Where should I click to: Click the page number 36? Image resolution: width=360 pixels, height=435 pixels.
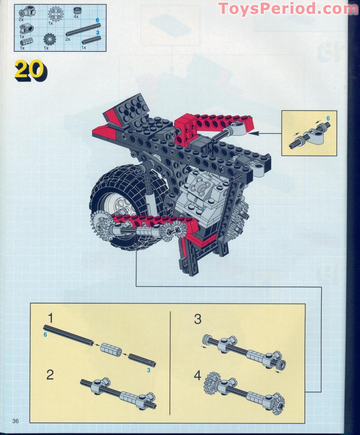click(x=16, y=421)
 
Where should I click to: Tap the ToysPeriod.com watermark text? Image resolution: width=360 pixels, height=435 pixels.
click(x=288, y=9)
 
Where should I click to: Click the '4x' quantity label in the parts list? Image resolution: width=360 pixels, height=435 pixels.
click(x=76, y=16)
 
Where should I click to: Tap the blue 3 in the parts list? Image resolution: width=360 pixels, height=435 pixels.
click(x=98, y=32)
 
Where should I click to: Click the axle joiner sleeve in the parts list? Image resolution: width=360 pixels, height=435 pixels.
click(x=25, y=42)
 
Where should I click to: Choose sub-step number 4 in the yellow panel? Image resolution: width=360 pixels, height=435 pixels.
click(x=198, y=376)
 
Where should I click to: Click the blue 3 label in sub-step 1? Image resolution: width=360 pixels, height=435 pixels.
click(x=149, y=370)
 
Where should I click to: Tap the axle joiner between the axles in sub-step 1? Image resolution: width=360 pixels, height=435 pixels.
click(x=111, y=349)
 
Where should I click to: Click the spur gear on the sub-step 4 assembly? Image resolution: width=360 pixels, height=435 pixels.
click(x=211, y=382)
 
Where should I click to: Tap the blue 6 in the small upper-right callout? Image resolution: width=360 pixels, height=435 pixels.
click(x=328, y=118)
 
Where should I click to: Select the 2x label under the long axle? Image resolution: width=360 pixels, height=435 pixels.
click(x=67, y=39)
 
